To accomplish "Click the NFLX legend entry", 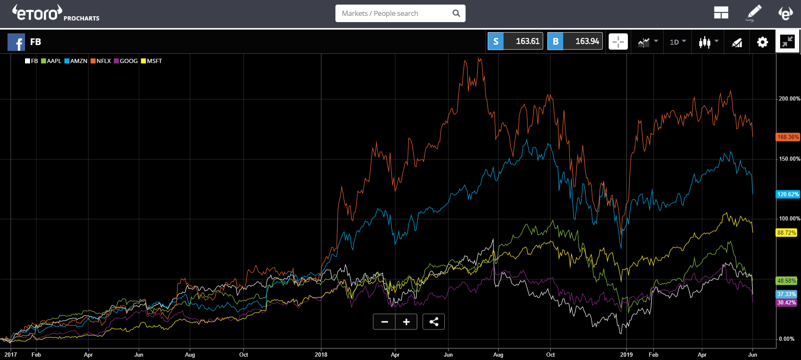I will click(x=101, y=61).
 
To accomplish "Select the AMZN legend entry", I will click(x=76, y=61).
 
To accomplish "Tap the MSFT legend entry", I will click(x=151, y=61).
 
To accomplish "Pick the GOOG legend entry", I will click(x=126, y=61).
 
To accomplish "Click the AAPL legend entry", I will click(x=51, y=61).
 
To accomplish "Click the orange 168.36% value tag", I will click(x=788, y=137).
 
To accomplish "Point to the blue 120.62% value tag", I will click(x=788, y=194).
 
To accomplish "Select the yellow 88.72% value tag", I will click(x=786, y=233).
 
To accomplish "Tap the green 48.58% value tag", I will click(x=786, y=281).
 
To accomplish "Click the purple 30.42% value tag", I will click(x=786, y=302).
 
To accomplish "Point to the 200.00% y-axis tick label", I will click(x=789, y=99).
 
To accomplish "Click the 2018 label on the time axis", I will click(x=321, y=355).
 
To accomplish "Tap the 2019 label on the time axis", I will click(x=626, y=355).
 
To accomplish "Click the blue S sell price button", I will click(x=515, y=41).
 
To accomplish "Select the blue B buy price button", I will click(x=575, y=41).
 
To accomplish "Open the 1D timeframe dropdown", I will click(x=678, y=42).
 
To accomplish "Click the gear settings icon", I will click(x=762, y=42).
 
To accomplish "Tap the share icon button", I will click(x=433, y=322).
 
